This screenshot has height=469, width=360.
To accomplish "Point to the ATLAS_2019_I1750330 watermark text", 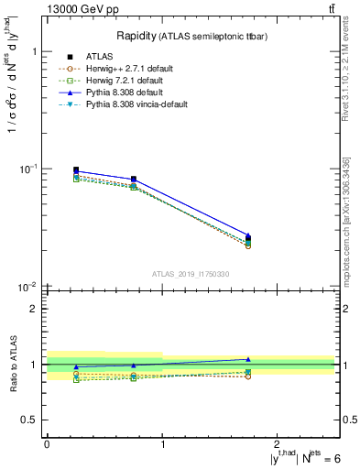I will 191,274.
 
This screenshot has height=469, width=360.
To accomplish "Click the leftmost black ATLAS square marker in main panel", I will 76,170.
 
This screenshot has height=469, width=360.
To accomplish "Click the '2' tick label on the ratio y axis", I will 33,309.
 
